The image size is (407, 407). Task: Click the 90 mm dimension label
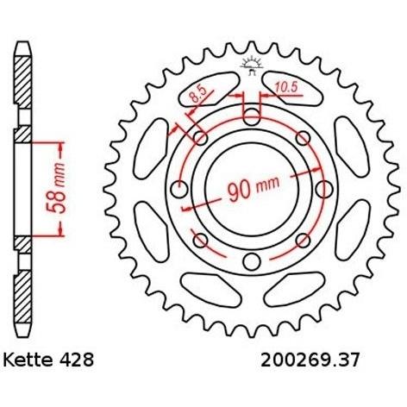point(254,189)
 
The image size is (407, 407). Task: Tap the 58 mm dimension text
point(55,189)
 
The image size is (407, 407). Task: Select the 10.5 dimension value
point(286,87)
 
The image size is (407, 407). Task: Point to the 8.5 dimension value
point(198,95)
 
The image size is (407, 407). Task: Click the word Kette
point(28,360)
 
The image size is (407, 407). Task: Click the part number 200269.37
point(310,360)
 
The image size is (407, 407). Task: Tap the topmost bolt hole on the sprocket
point(252,117)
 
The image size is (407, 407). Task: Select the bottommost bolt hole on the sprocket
point(252,261)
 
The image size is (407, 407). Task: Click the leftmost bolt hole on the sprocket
point(179,190)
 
